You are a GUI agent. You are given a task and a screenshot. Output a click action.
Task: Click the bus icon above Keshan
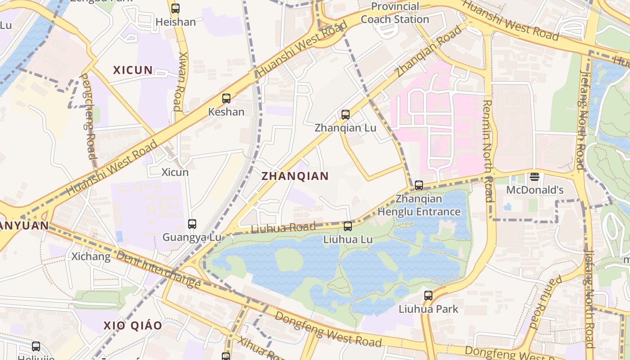coord(226,98)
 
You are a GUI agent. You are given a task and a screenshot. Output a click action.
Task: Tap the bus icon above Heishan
coord(175,8)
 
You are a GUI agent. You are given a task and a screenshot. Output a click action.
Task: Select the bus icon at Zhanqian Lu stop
coord(346,114)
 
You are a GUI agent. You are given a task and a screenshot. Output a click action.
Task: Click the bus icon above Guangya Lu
coord(192,224)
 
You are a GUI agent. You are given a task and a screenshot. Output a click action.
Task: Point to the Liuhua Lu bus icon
coord(348,226)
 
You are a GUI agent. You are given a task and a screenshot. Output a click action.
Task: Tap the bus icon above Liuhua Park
coord(428,296)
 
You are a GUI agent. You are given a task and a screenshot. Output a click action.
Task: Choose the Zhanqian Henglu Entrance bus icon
coord(419,185)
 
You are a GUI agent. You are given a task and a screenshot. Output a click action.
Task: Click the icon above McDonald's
coord(535,176)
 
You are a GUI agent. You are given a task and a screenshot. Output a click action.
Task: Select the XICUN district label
coord(133,70)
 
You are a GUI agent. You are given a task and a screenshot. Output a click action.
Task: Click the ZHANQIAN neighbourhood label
coord(295,176)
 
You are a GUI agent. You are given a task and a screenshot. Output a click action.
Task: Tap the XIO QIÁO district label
coord(133,325)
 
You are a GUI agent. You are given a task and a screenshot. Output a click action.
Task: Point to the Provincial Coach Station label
coord(395,13)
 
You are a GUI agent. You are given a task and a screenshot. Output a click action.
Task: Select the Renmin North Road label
coord(488,151)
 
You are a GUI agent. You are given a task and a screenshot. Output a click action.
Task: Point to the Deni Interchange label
coord(158,269)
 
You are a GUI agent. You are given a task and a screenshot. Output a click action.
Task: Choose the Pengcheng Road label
coord(88,116)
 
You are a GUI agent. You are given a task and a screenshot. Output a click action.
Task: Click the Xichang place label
coord(91,256)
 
